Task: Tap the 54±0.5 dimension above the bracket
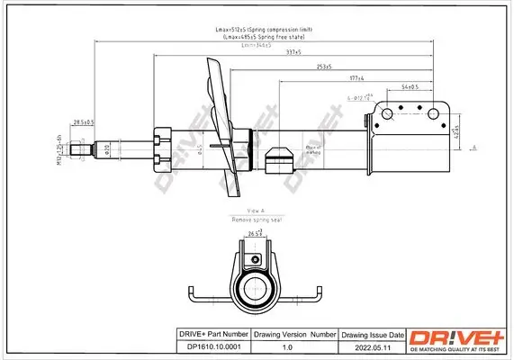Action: pos(410,87)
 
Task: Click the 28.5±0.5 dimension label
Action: pos(84,121)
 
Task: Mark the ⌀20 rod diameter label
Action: pos(107,148)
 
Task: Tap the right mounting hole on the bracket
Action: pos(441,113)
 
